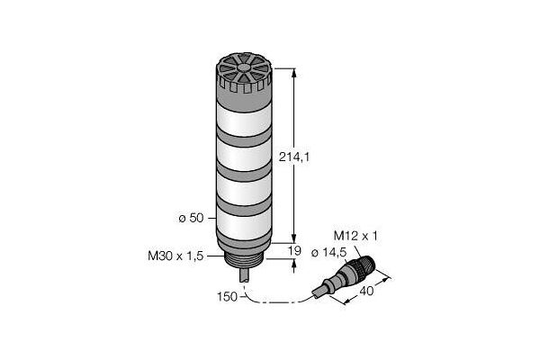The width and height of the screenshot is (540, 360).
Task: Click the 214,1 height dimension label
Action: click(294, 157)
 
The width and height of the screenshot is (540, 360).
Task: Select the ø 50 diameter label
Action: click(191, 218)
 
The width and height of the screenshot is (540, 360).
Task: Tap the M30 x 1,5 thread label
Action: click(175, 256)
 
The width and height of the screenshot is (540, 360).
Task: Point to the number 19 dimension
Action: click(294, 250)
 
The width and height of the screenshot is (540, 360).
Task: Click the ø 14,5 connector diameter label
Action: click(328, 253)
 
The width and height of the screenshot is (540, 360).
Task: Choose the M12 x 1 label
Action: click(355, 236)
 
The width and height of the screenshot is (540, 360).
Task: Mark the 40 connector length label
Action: click(366, 291)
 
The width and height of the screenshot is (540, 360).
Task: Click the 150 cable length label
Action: click(228, 297)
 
